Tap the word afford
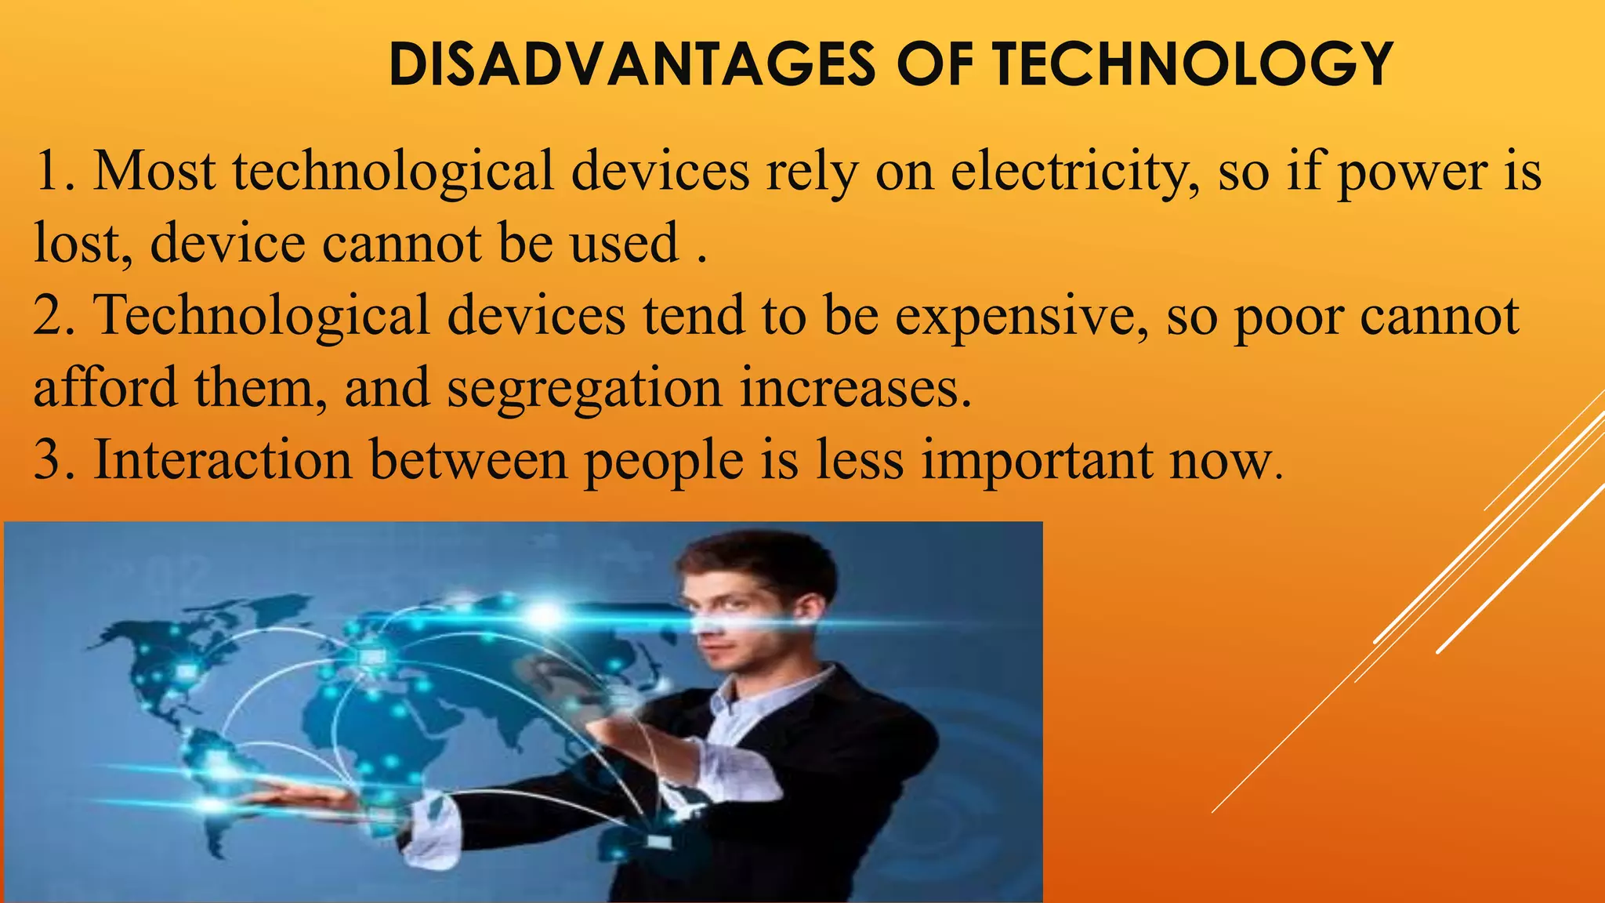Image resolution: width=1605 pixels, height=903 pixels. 105,387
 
